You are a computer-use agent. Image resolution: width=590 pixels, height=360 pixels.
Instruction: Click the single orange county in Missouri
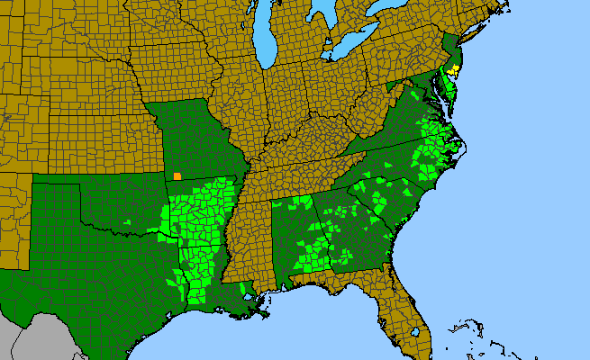coord(177,176)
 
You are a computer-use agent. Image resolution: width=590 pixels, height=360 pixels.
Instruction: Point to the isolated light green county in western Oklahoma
coord(128,221)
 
